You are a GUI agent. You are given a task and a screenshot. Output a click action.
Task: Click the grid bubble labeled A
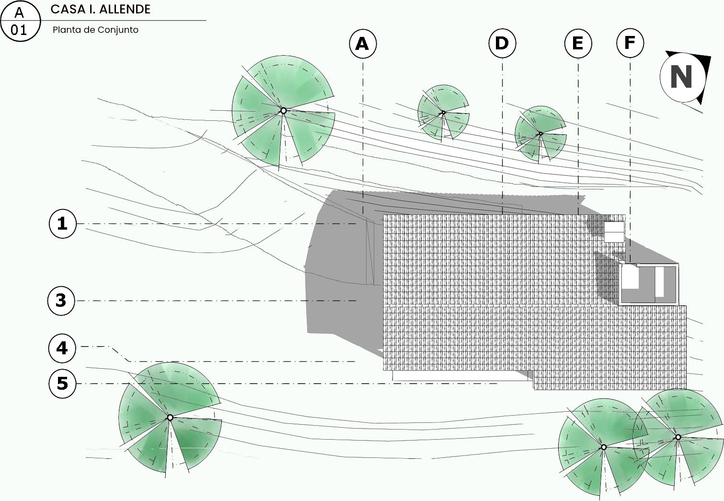pyautogui.click(x=363, y=44)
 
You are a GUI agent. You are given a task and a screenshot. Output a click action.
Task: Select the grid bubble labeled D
pyautogui.click(x=502, y=44)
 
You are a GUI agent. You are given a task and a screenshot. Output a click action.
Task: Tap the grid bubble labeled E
pyautogui.click(x=578, y=44)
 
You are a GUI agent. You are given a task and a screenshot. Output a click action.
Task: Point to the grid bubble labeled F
pyautogui.click(x=630, y=43)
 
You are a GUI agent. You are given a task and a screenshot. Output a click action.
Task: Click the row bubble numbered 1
pyautogui.click(x=63, y=223)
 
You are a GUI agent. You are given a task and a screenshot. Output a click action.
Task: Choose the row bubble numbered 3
pyautogui.click(x=61, y=301)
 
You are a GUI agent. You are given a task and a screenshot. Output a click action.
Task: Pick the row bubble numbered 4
pyautogui.click(x=62, y=348)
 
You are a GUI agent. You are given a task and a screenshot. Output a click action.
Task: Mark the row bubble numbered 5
pyautogui.click(x=63, y=384)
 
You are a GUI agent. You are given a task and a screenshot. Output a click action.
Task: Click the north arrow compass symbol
pyautogui.click(x=682, y=77)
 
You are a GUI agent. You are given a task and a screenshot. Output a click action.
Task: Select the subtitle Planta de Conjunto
pyautogui.click(x=95, y=30)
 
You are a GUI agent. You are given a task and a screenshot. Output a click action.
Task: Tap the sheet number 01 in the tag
pyautogui.click(x=19, y=30)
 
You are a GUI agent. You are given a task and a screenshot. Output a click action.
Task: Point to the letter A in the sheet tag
pyautogui.click(x=19, y=12)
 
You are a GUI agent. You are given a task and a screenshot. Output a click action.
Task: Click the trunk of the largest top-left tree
pyautogui.click(x=283, y=111)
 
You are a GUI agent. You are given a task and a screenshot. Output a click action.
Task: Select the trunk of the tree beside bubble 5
pyautogui.click(x=170, y=418)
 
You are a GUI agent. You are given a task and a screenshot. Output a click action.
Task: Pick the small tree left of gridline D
pyautogui.click(x=443, y=113)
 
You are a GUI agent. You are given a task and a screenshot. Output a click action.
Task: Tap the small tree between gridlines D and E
pyautogui.click(x=540, y=134)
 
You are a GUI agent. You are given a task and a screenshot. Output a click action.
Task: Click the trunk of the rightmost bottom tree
pyautogui.click(x=678, y=437)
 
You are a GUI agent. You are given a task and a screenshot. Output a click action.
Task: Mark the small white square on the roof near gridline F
pyautogui.click(x=614, y=232)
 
